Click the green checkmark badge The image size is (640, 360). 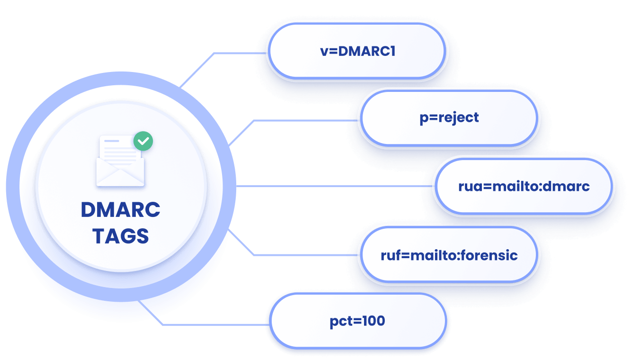tap(143, 141)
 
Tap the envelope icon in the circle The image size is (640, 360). tap(120, 161)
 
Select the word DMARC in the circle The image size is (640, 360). tap(120, 209)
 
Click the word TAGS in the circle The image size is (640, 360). tap(120, 236)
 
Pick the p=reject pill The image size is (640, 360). tap(449, 118)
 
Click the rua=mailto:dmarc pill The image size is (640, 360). tap(524, 186)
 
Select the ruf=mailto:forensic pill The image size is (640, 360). tap(449, 255)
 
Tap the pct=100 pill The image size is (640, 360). tap(358, 321)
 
